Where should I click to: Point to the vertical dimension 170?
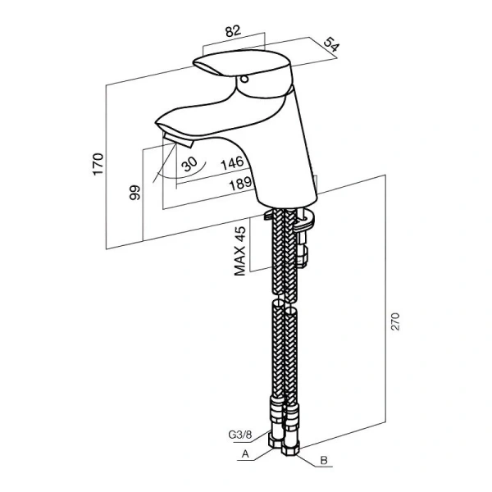pos(98,163)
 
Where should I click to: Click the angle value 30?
pos(190,165)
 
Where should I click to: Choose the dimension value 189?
pos(239,184)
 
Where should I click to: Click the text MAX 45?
pos(240,250)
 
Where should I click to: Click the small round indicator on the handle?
pos(244,80)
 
